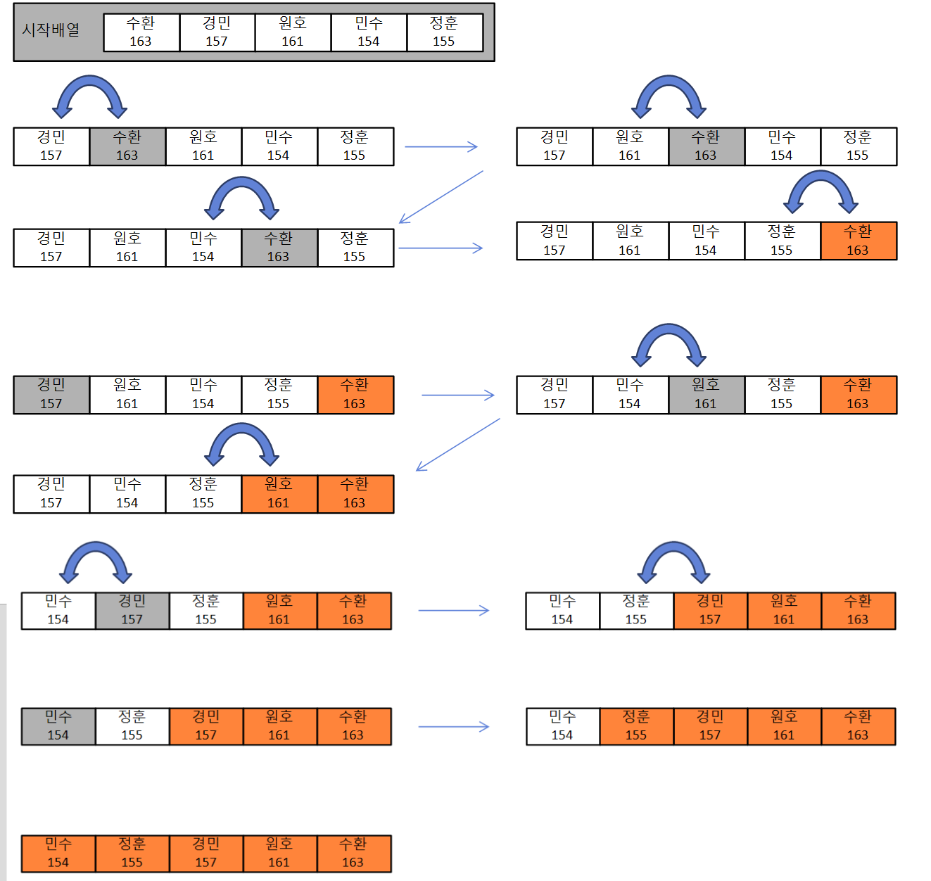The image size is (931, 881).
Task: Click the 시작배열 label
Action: coord(51,30)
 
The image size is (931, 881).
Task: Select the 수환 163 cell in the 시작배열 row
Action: coord(141,32)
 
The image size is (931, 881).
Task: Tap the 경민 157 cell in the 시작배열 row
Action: coord(217,32)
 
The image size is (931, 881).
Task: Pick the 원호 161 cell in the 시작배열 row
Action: coord(293,32)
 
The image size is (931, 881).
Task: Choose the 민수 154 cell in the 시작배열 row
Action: coord(368,32)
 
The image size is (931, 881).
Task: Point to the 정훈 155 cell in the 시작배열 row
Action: coord(444,32)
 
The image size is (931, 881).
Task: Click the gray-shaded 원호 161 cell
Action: coord(706,395)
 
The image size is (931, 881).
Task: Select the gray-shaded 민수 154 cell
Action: coord(58,726)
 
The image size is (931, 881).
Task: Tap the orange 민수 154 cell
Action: coord(58,853)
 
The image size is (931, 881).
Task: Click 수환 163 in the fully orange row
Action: coord(353,853)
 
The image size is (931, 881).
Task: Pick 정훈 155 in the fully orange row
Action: coord(132,853)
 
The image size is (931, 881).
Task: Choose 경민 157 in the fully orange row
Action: coord(206,853)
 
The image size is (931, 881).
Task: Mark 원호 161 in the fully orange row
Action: coord(279,853)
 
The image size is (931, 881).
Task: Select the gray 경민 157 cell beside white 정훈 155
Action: coord(132,610)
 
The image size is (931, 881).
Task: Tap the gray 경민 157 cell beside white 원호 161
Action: coord(51,395)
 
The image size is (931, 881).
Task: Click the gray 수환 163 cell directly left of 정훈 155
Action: coord(279,248)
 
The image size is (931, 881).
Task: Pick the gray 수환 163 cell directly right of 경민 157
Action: coord(127,146)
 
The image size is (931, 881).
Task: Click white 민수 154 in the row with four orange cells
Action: coord(562,726)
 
